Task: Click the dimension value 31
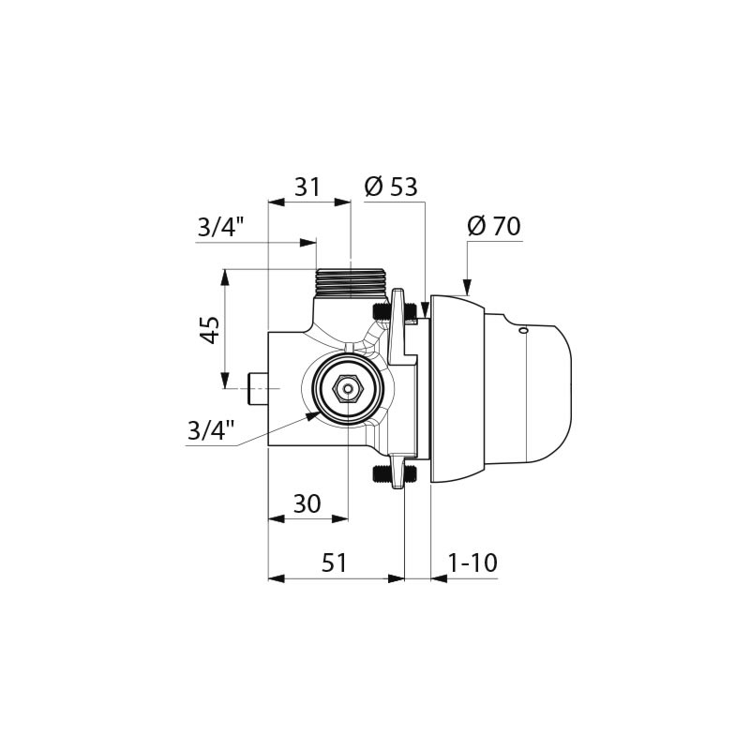307,187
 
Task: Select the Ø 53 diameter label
391,187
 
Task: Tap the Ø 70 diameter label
493,227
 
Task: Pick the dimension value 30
307,504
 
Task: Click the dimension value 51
335,563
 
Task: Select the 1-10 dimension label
472,563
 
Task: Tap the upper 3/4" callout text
221,228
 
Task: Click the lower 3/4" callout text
211,430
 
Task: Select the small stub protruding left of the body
257,388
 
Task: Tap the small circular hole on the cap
523,330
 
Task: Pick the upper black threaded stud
382,311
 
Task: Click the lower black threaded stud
382,472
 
